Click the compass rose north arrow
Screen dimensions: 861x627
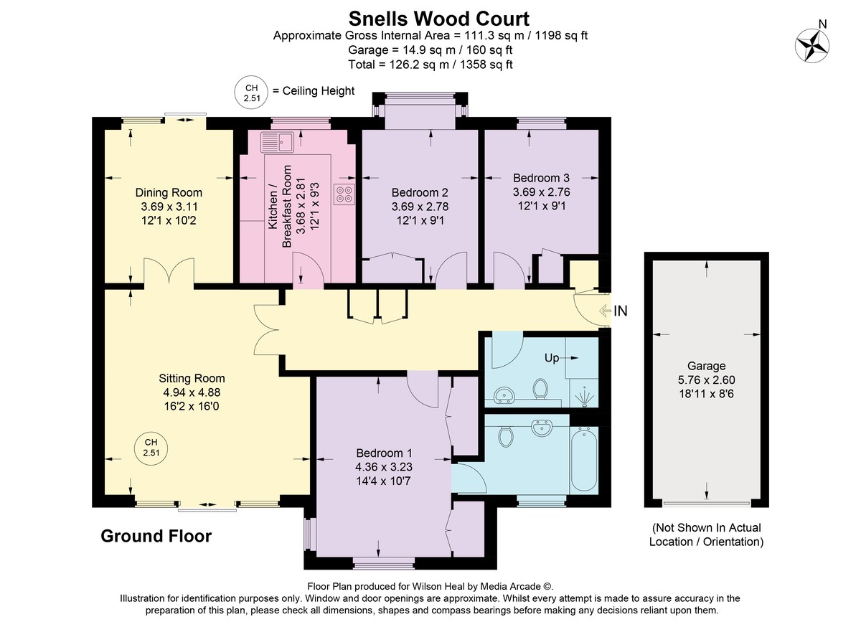coord(811,46)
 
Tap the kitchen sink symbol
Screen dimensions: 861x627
coord(277,142)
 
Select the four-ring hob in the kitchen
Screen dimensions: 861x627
coord(344,194)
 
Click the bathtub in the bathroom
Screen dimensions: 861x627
coord(584,460)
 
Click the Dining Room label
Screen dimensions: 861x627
coord(169,192)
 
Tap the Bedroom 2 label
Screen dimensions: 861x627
coord(420,192)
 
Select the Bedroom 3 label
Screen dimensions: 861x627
coord(541,178)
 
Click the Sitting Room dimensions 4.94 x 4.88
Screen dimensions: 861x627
coord(192,392)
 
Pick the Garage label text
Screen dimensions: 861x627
coord(707,366)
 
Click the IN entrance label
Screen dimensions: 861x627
coord(621,311)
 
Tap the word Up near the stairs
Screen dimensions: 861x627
coord(552,358)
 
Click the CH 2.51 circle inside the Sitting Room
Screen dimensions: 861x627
coord(151,448)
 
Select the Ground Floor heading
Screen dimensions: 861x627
coord(156,537)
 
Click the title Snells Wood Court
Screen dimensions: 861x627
coord(438,19)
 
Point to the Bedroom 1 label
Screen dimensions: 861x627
coord(384,453)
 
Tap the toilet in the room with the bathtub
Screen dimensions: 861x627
coord(506,436)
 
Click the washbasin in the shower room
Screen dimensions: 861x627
coord(504,395)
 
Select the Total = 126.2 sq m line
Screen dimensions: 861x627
coord(430,65)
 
